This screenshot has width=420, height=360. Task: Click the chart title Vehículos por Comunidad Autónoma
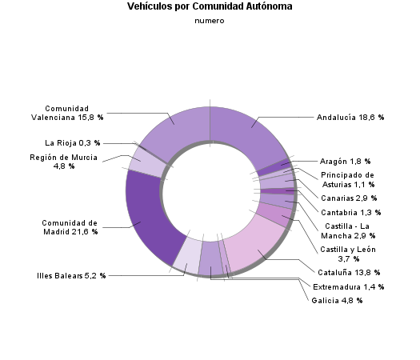[x=210, y=6]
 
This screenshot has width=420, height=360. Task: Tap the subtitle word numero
[x=210, y=21]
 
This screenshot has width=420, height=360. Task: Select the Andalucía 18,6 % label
[x=350, y=117]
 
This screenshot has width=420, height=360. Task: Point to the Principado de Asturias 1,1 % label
[x=347, y=179]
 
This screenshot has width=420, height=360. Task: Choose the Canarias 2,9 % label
[x=348, y=198]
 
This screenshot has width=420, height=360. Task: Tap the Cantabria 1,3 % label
[x=350, y=213]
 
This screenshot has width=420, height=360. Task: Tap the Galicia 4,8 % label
[x=338, y=301]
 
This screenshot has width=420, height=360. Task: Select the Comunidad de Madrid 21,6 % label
[x=70, y=227]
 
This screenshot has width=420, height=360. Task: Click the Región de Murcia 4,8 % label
[x=64, y=162]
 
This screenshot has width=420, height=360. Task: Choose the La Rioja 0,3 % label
[x=73, y=143]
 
